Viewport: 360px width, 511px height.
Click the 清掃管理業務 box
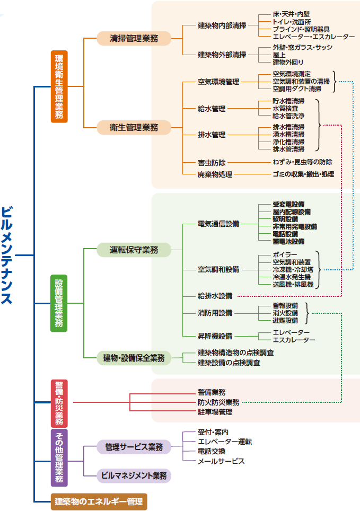[134, 38]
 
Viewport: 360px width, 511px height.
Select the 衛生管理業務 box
[134, 127]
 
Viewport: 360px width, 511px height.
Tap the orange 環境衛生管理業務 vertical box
[59, 86]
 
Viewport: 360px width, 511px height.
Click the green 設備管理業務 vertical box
[59, 303]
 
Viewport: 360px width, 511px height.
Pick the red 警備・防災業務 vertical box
[59, 403]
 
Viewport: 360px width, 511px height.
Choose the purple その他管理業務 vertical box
[59, 457]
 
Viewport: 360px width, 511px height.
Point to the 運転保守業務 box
[134, 250]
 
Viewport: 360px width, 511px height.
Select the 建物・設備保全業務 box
[134, 358]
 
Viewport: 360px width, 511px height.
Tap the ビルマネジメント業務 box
[134, 475]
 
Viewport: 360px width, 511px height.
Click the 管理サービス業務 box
[134, 447]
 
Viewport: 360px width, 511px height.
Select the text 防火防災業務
[218, 402]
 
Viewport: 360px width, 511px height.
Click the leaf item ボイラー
[285, 255]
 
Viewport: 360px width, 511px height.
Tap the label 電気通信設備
[218, 224]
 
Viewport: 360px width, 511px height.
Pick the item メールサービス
[221, 461]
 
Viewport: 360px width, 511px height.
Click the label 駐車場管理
[215, 412]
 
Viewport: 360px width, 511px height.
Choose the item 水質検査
[285, 108]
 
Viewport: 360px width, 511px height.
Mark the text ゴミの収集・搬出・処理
[303, 174]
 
